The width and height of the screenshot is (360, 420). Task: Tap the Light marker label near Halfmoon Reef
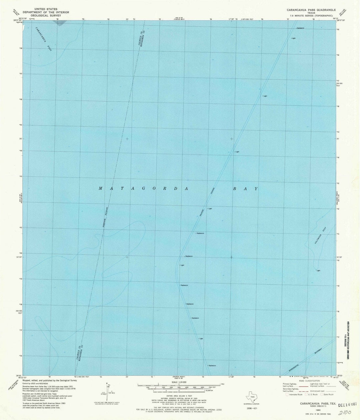[318, 271]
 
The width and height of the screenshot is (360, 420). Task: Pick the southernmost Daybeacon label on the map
[212, 366]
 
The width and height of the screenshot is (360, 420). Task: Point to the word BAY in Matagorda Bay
[245, 188]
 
